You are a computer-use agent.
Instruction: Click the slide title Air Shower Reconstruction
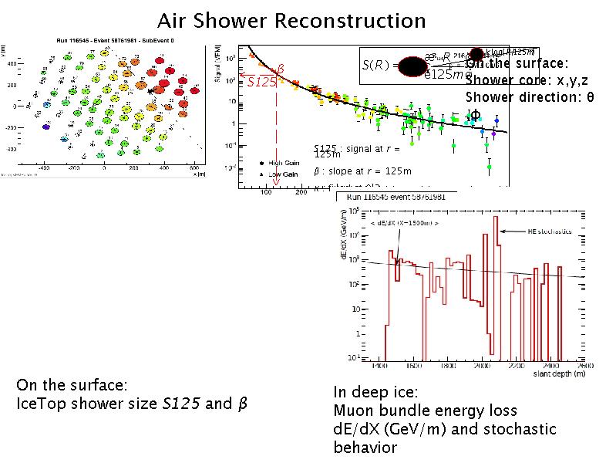click(x=291, y=20)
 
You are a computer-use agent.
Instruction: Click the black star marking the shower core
click(x=152, y=90)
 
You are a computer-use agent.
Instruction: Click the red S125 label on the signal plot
click(x=261, y=81)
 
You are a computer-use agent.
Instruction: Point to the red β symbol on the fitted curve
click(x=281, y=69)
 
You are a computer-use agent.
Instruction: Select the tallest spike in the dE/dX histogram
click(x=495, y=220)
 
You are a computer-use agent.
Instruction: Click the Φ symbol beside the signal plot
click(x=476, y=115)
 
